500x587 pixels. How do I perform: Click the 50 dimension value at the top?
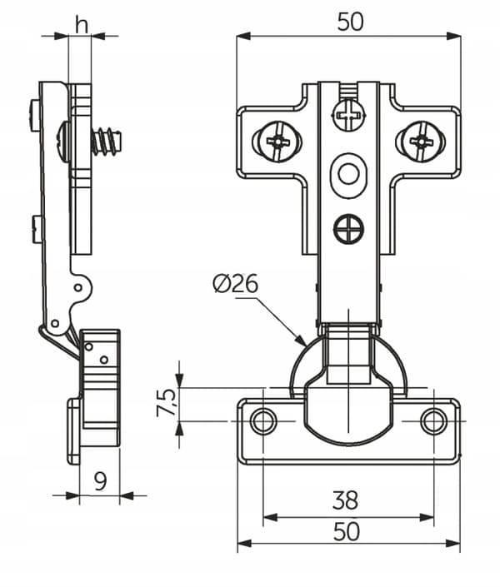tap(350, 22)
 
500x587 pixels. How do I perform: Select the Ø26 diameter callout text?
tap(235, 283)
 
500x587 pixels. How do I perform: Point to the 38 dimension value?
tap(345, 500)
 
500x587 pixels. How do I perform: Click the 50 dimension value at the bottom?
tap(347, 531)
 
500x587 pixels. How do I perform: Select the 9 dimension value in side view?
tap(100, 481)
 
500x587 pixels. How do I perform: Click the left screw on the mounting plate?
tap(277, 142)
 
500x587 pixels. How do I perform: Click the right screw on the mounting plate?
tap(421, 142)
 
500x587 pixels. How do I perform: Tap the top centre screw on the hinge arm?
tap(349, 114)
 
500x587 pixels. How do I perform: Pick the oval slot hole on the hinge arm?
tap(349, 175)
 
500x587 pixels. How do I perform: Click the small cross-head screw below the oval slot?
tap(349, 228)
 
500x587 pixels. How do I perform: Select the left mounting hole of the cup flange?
tap(263, 420)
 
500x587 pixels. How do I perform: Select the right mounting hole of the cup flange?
tap(433, 420)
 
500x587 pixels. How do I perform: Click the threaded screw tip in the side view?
tap(107, 142)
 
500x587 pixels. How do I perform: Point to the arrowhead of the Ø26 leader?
tap(301, 341)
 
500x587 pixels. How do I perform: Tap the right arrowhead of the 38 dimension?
tap(427, 518)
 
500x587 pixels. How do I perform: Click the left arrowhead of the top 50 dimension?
tap(243, 36)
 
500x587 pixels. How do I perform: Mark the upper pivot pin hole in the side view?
tap(78, 288)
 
